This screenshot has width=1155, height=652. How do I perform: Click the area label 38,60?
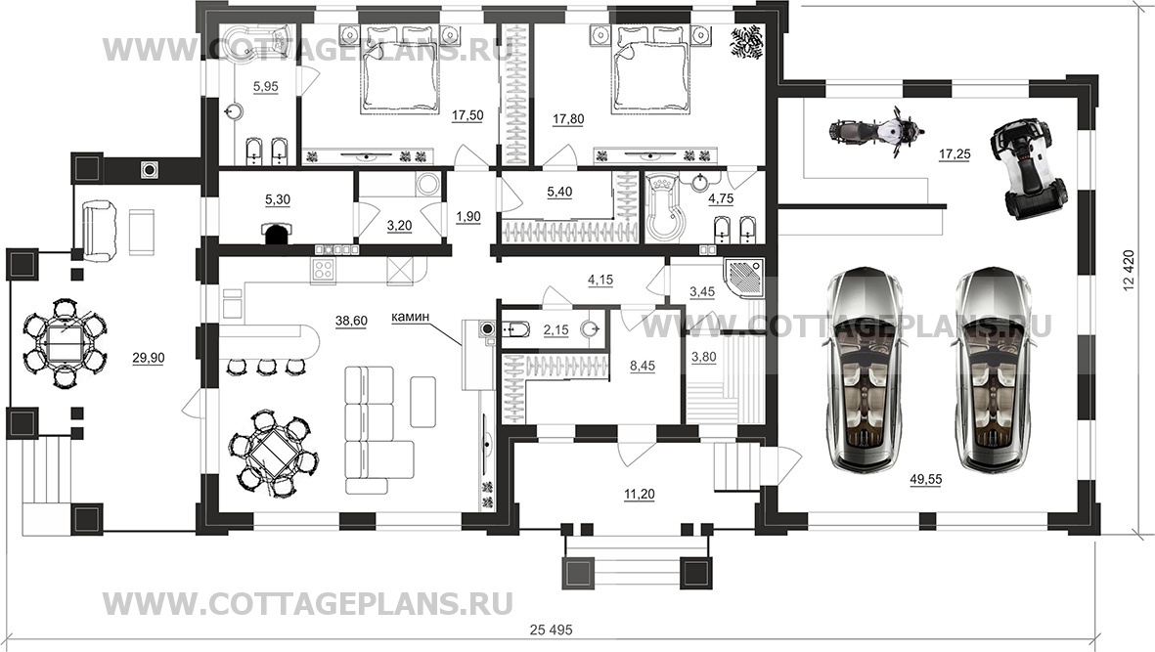point(349,321)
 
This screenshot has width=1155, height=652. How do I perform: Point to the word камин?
point(413,317)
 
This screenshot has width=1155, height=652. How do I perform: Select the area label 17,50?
point(467,115)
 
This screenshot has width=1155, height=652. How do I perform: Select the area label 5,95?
point(266,87)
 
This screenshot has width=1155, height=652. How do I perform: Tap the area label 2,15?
point(555,330)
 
